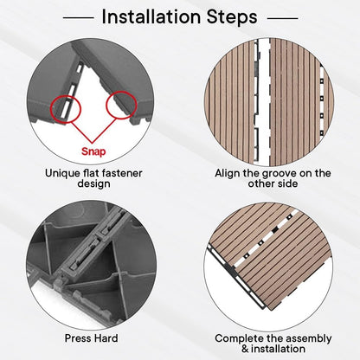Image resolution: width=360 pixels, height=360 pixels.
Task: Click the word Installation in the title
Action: click(151, 16)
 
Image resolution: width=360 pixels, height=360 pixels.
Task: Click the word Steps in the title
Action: click(232, 17)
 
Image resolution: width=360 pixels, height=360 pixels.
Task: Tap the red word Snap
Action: click(93, 151)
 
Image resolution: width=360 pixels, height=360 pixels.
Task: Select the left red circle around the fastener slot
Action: click(66, 109)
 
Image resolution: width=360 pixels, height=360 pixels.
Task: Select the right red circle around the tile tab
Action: click(121, 105)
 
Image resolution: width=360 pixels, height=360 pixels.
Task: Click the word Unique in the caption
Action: click(61, 174)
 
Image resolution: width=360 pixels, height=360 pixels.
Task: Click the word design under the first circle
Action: click(93, 184)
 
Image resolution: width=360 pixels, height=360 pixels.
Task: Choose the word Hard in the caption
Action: click(106, 338)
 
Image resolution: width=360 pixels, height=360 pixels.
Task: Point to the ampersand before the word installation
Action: click(245, 349)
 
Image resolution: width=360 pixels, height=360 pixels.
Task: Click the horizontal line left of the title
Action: click(79, 18)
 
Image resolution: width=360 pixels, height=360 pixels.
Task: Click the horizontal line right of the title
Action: click(283, 18)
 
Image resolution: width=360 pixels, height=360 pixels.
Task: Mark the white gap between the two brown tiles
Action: click(263, 102)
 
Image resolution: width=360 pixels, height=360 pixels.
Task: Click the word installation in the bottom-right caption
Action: click(278, 349)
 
